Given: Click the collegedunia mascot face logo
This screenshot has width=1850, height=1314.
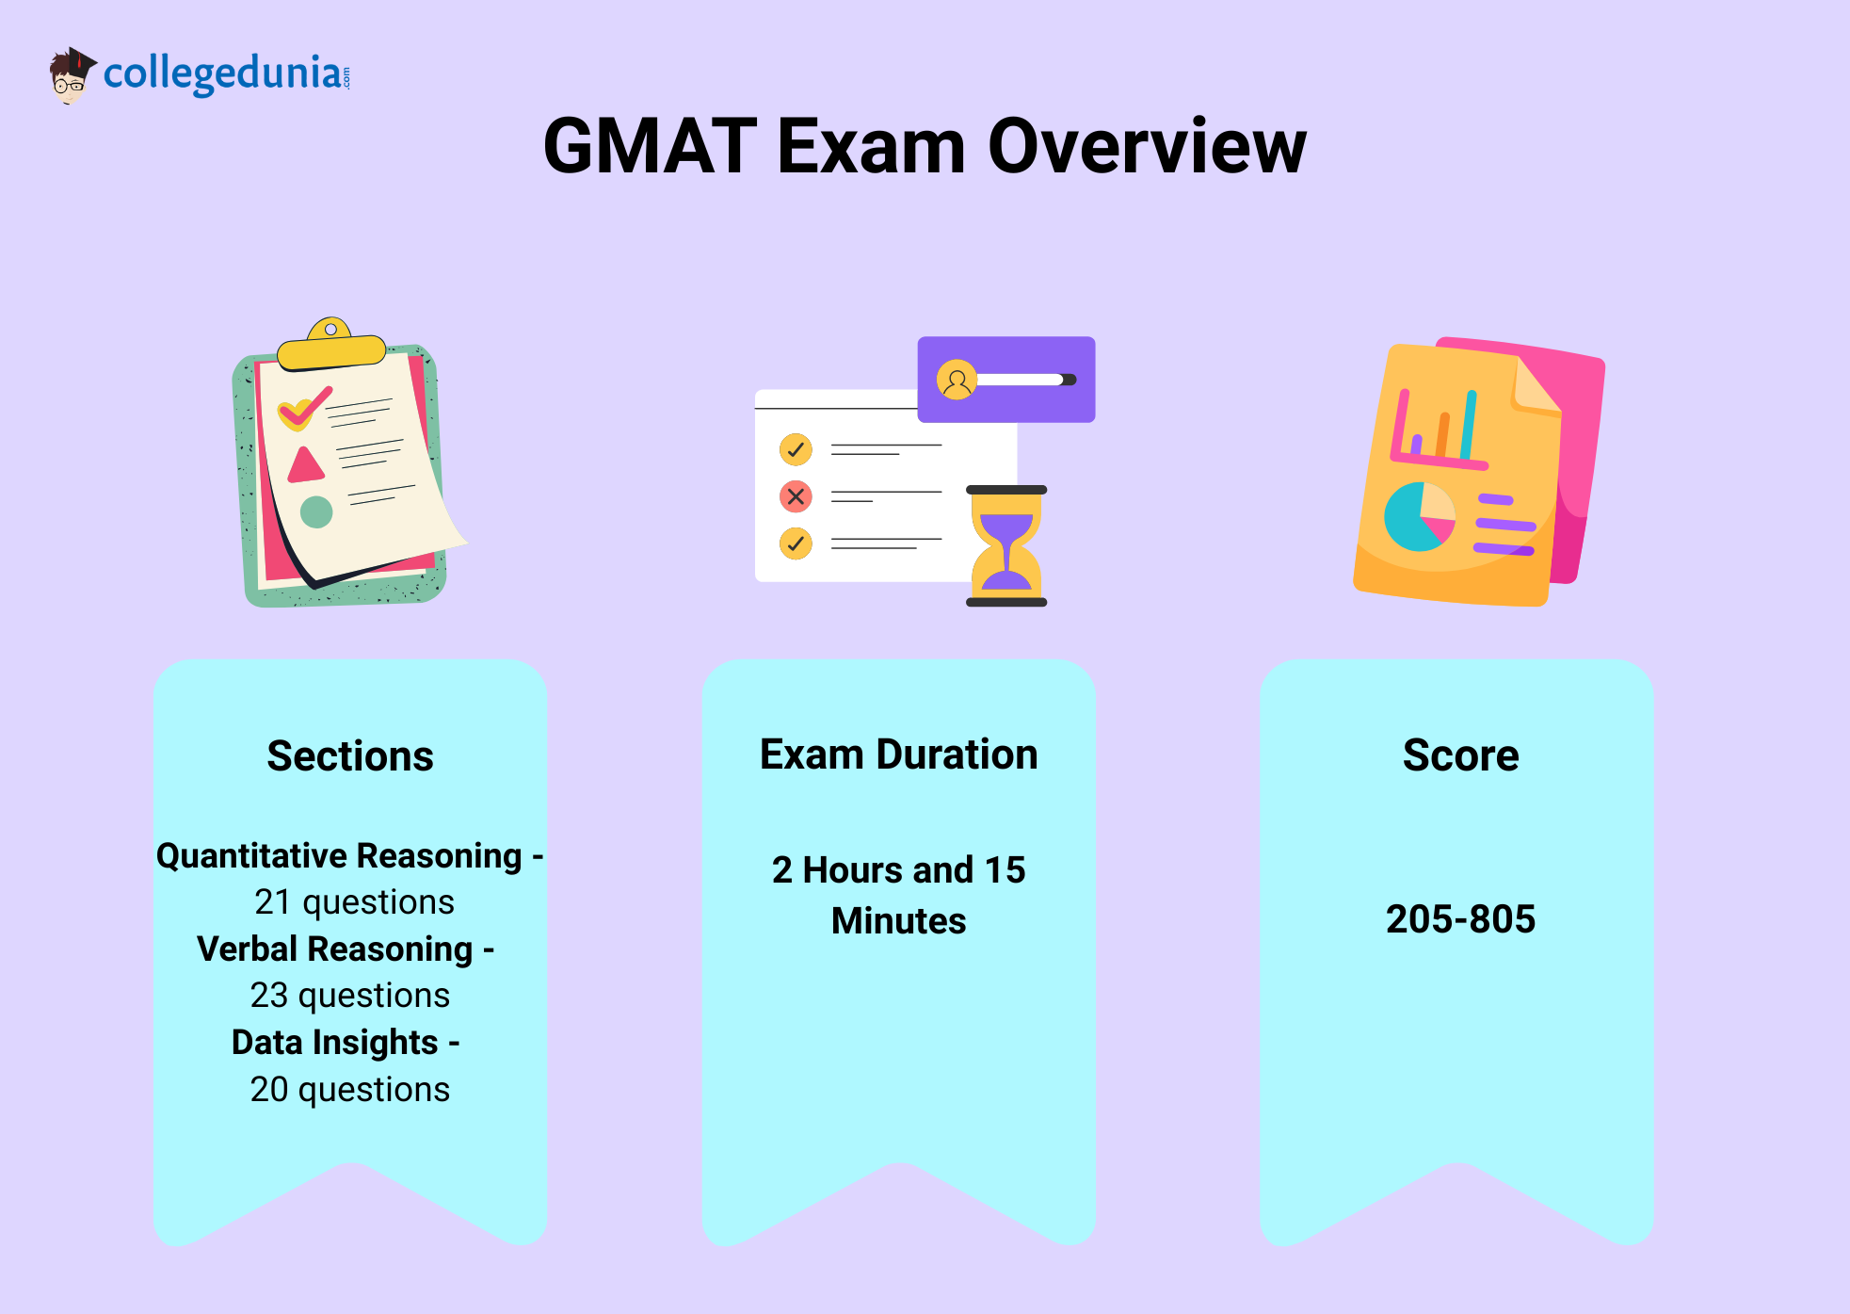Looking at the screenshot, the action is (72, 75).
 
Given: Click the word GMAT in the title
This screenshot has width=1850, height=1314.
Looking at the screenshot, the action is (651, 147).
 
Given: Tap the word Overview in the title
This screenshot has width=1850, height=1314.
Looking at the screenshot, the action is (1147, 147).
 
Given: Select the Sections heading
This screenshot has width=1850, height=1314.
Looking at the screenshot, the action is (350, 756).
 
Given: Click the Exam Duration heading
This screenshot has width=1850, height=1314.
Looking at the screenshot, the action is (899, 754).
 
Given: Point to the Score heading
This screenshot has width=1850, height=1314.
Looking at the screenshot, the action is (1460, 755).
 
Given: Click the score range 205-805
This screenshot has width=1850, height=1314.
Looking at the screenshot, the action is (1460, 918).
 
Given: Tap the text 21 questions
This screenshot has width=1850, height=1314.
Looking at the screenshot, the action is (354, 902).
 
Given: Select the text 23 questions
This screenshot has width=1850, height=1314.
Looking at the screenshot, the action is (350, 996).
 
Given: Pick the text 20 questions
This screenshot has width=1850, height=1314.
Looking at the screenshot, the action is (350, 1090).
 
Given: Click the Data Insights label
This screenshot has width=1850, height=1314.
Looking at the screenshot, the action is (335, 1043).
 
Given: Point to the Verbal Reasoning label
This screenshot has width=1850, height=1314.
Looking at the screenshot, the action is (334, 949).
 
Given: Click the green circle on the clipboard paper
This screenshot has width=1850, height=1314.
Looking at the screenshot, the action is (316, 511).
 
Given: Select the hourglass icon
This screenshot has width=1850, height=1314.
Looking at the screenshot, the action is (1006, 546).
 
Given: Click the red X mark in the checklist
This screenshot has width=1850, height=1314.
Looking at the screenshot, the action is (796, 496).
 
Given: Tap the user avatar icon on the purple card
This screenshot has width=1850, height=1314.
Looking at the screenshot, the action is (957, 380).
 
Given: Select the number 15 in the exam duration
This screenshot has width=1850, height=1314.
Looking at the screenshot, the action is (1005, 870).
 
